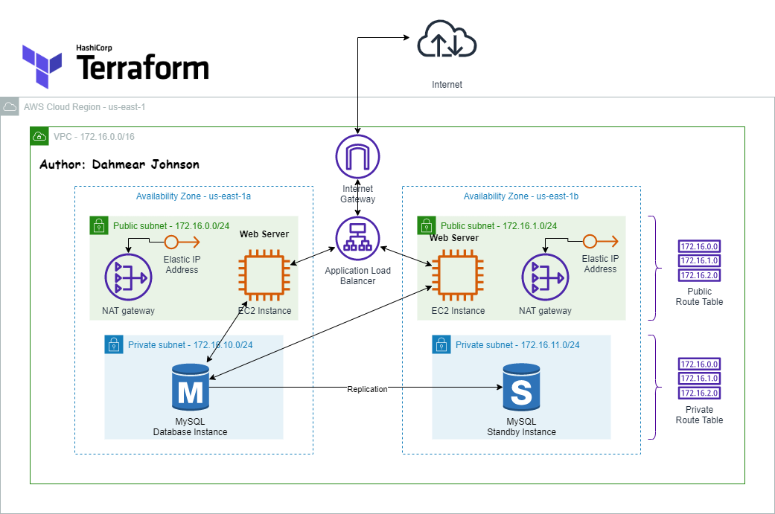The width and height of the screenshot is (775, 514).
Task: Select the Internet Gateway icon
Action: coord(357,157)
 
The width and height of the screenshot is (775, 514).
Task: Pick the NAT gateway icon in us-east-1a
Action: coord(128,277)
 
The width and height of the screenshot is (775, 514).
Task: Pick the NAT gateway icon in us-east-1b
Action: coord(545,277)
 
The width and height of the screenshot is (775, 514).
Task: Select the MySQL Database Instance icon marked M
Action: coord(191,387)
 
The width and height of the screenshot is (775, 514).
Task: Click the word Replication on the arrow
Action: coord(367,389)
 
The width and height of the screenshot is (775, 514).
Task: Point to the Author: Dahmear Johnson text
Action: coord(119,164)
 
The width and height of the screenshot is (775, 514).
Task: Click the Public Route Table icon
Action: coord(699,260)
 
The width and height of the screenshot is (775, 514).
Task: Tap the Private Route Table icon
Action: coord(699,379)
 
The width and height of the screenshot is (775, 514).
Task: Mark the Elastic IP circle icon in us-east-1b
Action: coord(590,241)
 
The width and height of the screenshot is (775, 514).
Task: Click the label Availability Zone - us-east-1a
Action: coord(194,196)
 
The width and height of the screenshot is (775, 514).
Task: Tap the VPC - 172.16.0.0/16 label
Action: coord(94,137)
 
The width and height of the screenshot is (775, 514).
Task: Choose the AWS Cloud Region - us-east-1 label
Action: coord(84,107)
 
